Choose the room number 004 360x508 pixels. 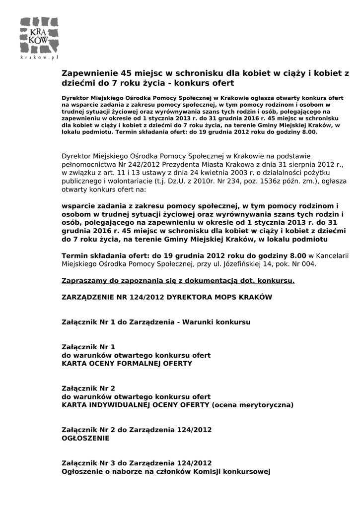click(308, 264)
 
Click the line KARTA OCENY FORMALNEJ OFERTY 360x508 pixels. click(127, 364)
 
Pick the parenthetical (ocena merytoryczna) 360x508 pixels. click(252, 405)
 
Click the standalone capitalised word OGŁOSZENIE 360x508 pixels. click(85, 439)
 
